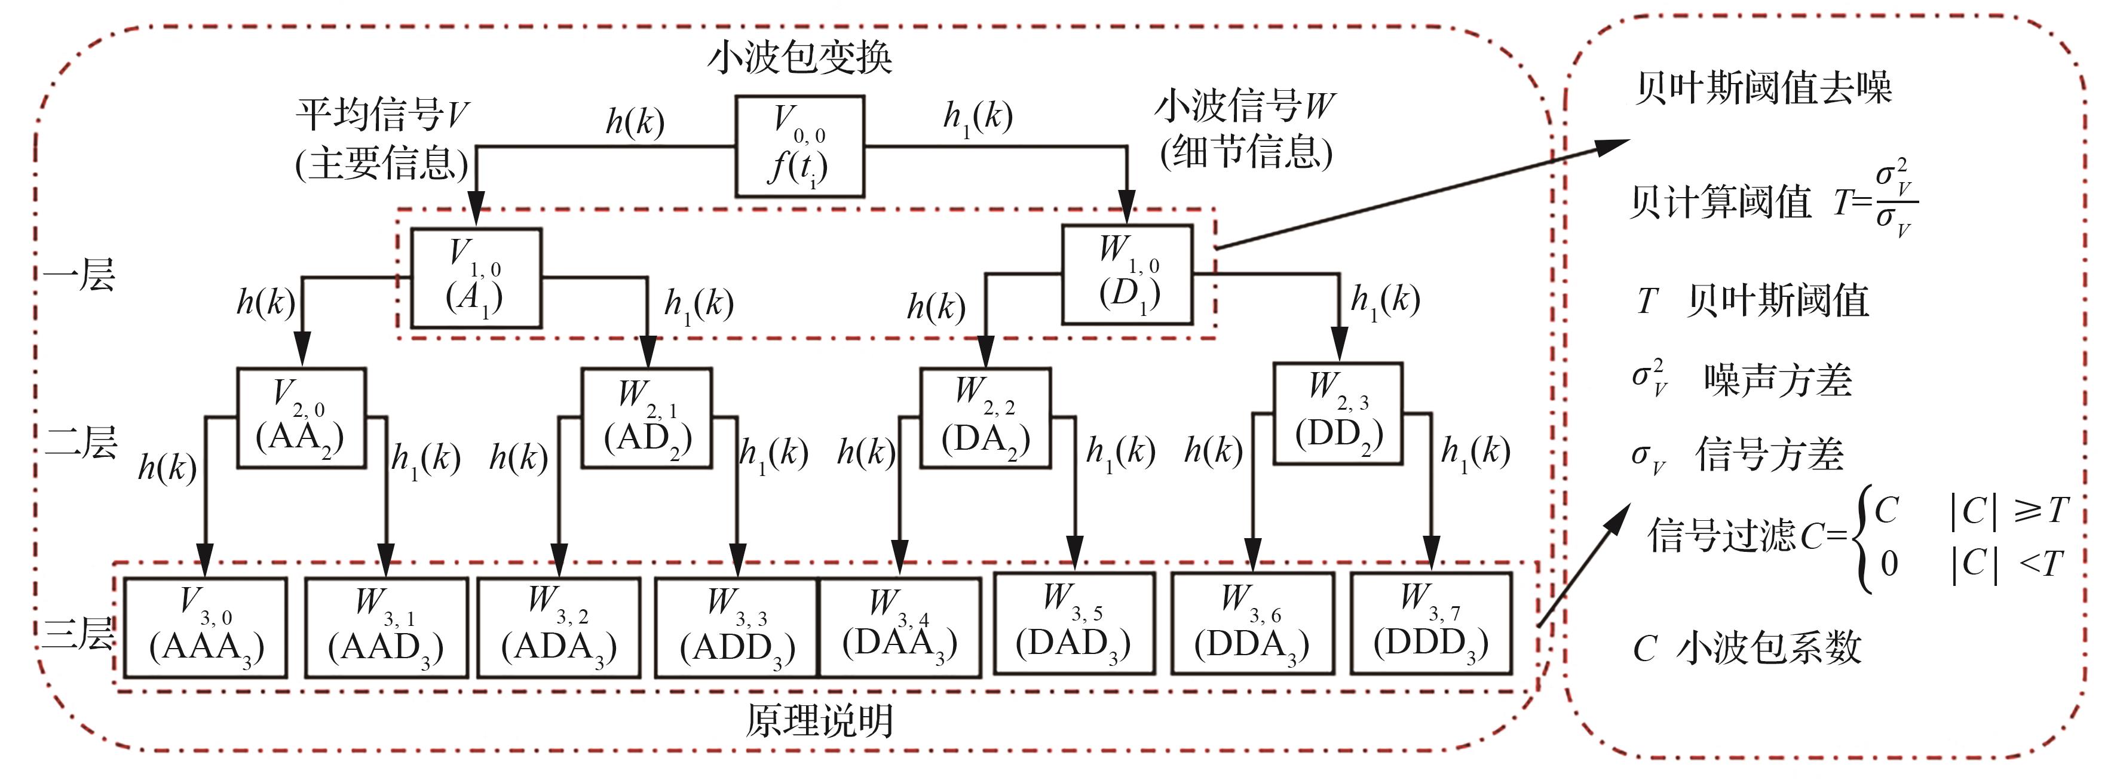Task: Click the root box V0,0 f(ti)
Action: [799, 146]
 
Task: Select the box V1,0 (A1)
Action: [476, 278]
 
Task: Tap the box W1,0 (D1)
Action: [1127, 274]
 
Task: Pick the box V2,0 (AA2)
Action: [301, 417]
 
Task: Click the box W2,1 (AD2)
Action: [646, 417]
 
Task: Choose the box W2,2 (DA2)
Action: [985, 417]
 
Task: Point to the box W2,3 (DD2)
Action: [1337, 413]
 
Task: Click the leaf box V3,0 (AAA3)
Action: [206, 628]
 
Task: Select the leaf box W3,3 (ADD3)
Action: [736, 628]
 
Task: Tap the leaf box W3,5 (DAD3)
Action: [1073, 623]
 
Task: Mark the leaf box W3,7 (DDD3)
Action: [1431, 623]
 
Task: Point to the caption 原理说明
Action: [819, 720]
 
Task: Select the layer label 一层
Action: [79, 274]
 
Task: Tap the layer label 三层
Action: [78, 632]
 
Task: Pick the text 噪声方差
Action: [1778, 380]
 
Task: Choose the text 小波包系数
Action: [1769, 647]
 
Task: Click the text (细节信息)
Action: [1246, 152]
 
